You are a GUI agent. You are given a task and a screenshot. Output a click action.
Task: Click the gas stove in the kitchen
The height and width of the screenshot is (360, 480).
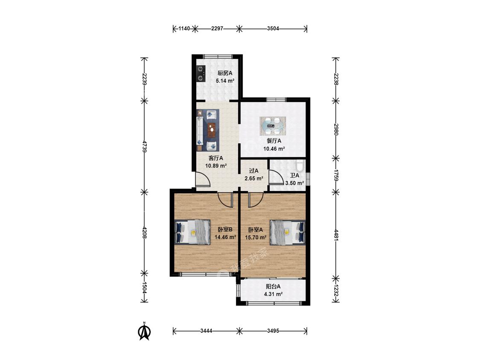coord(200,73)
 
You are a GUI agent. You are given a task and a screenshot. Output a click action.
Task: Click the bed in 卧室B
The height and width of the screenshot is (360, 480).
coord(192,232)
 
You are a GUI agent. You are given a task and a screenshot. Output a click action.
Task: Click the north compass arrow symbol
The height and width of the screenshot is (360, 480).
coord(145,332)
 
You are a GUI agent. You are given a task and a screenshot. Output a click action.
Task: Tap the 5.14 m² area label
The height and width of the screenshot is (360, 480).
coord(225,80)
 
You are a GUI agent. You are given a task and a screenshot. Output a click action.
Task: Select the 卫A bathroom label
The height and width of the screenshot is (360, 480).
coord(294,175)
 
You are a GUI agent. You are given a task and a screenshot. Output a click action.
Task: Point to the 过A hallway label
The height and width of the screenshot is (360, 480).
coord(253,171)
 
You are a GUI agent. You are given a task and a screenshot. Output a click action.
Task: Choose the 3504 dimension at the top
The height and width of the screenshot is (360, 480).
coord(273,29)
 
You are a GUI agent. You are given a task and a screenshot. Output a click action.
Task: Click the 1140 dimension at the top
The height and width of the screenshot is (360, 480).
coord(184,29)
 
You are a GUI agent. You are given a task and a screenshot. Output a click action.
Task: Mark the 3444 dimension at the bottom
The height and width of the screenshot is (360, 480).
coord(206,331)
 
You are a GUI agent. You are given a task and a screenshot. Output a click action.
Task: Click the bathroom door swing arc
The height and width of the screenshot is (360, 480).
coord(274,177)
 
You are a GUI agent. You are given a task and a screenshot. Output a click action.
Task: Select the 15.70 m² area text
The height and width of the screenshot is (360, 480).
coord(256,237)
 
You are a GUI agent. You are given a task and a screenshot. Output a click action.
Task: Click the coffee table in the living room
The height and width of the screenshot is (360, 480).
coord(212,128)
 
